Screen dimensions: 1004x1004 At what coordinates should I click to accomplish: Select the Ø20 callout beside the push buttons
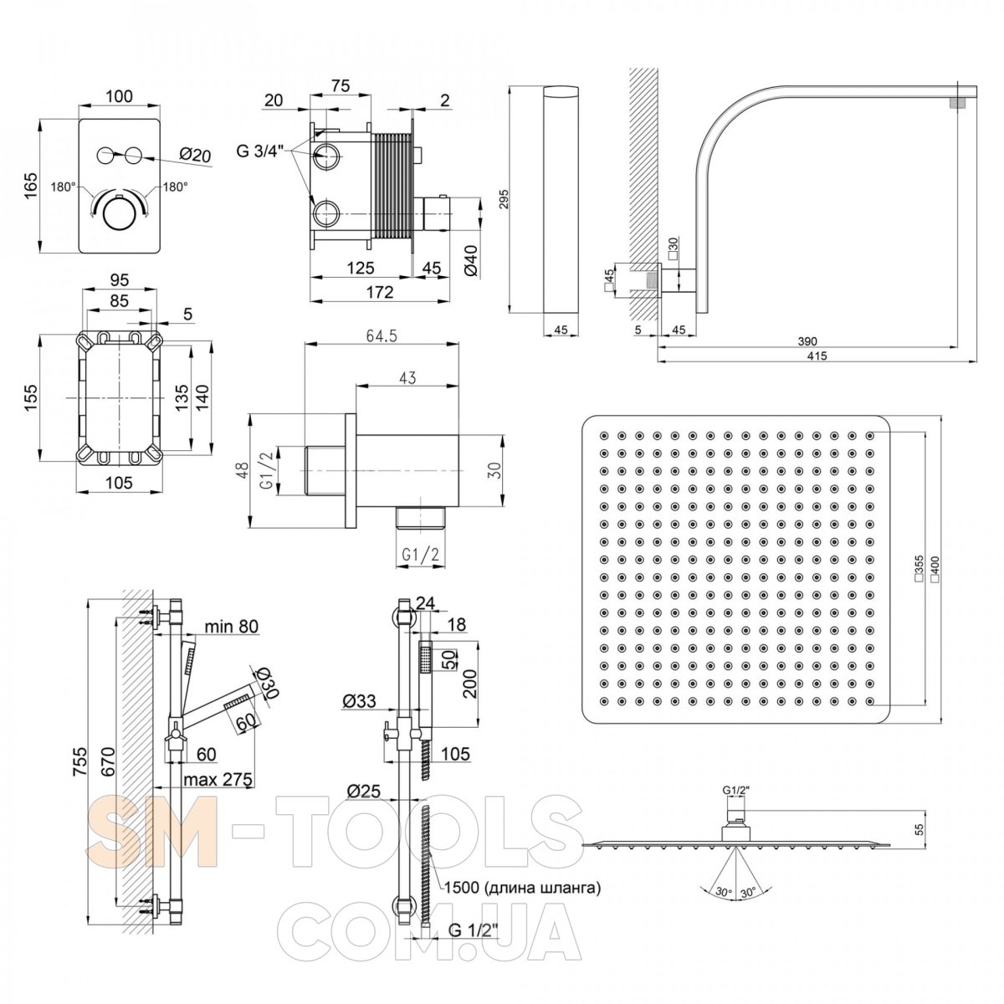click(x=197, y=155)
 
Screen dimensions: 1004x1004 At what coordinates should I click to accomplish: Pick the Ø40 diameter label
click(x=470, y=259)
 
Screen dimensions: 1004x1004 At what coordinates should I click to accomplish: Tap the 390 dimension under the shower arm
click(x=807, y=341)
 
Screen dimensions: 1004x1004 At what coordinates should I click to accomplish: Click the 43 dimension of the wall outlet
click(x=407, y=378)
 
